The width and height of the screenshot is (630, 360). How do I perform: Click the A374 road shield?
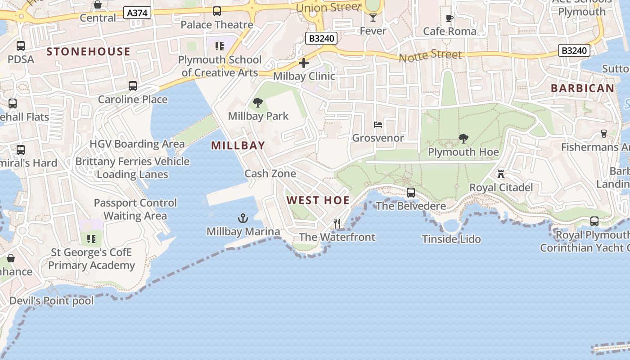[x=137, y=13]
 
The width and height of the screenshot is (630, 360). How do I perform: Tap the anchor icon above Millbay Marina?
[x=243, y=219]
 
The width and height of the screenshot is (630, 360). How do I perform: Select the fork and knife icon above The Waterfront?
[x=337, y=223]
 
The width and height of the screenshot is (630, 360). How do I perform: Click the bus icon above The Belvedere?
[x=411, y=193]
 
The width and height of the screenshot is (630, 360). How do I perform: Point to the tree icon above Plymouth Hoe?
[x=463, y=139]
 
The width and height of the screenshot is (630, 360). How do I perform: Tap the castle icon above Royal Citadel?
[x=501, y=174]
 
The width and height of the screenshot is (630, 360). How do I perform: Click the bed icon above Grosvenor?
[x=378, y=124]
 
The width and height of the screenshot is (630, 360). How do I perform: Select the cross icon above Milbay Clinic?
[x=304, y=63]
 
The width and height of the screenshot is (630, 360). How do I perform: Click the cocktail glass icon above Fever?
[x=373, y=18]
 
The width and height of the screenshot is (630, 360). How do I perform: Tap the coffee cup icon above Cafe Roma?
[x=449, y=18]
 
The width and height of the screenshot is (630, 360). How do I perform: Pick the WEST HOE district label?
[x=318, y=201]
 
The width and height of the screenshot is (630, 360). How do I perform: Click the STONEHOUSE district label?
[x=89, y=52]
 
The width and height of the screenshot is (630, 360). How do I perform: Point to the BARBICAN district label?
[x=582, y=88]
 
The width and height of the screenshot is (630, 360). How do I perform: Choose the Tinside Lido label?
[x=451, y=239]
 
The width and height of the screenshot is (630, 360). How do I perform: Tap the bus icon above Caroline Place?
[x=133, y=86]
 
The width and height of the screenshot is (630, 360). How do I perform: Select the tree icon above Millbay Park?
[x=258, y=103]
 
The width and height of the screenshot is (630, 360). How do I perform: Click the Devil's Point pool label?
[x=52, y=301]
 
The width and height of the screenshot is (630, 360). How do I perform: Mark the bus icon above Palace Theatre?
[x=217, y=11]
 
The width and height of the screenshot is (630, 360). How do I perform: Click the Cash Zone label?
[x=270, y=174]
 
